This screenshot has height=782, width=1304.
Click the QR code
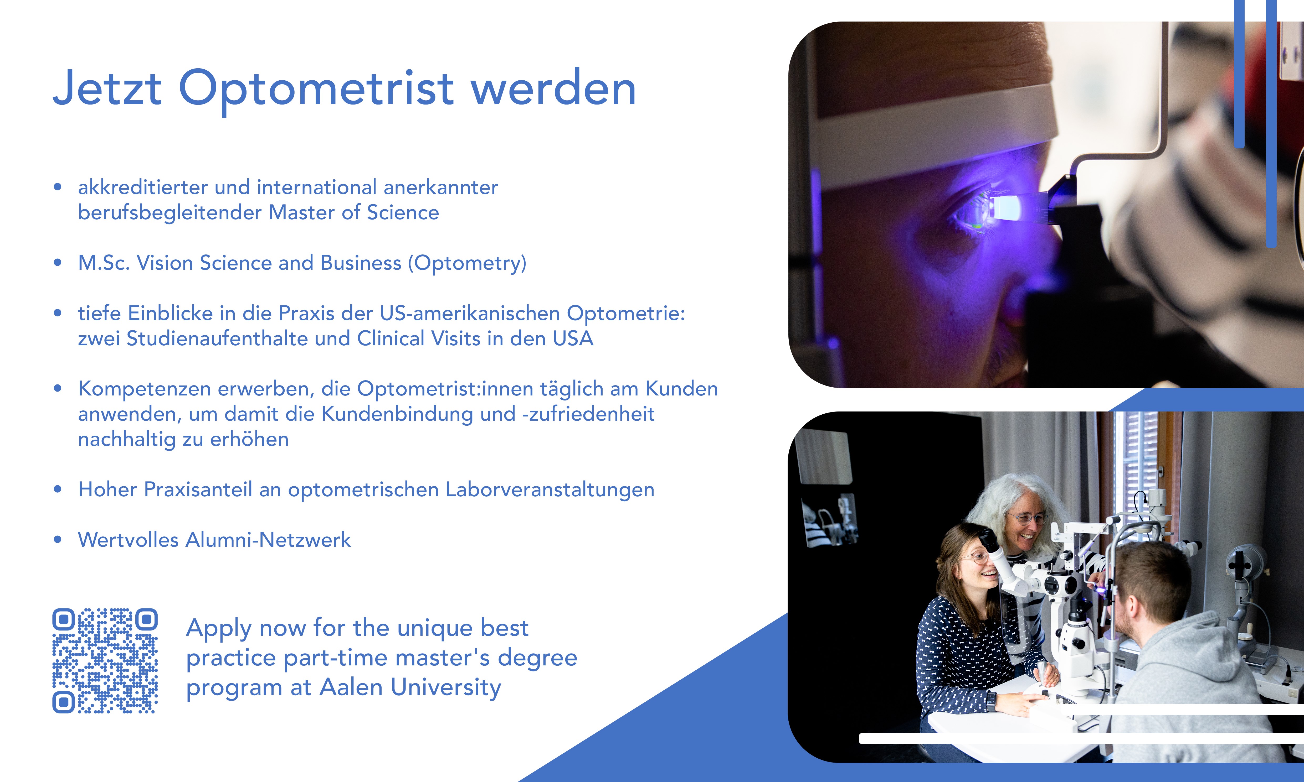click(105, 661)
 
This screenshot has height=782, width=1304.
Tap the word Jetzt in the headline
click(107, 88)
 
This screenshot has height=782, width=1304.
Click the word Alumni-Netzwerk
click(268, 540)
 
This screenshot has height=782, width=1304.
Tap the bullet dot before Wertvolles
click(58, 540)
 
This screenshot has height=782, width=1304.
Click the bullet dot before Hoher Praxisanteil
click(58, 489)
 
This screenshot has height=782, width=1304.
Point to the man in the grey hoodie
click(1181, 659)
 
